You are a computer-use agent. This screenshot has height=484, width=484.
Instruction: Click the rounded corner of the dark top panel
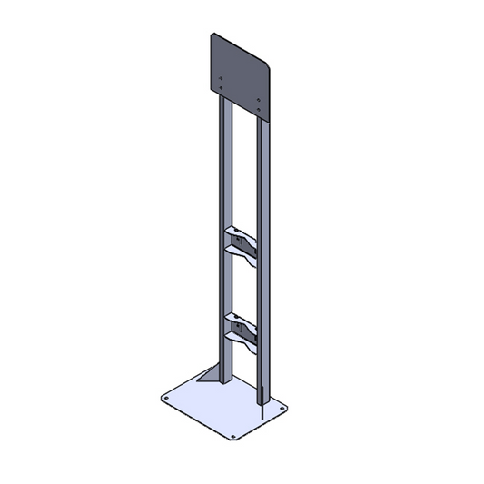point(267,64)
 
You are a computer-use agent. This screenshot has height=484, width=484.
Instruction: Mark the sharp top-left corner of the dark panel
point(212,35)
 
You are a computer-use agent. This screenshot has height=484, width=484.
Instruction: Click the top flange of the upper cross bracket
point(240,231)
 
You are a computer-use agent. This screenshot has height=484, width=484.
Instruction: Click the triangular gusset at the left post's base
point(210,376)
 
